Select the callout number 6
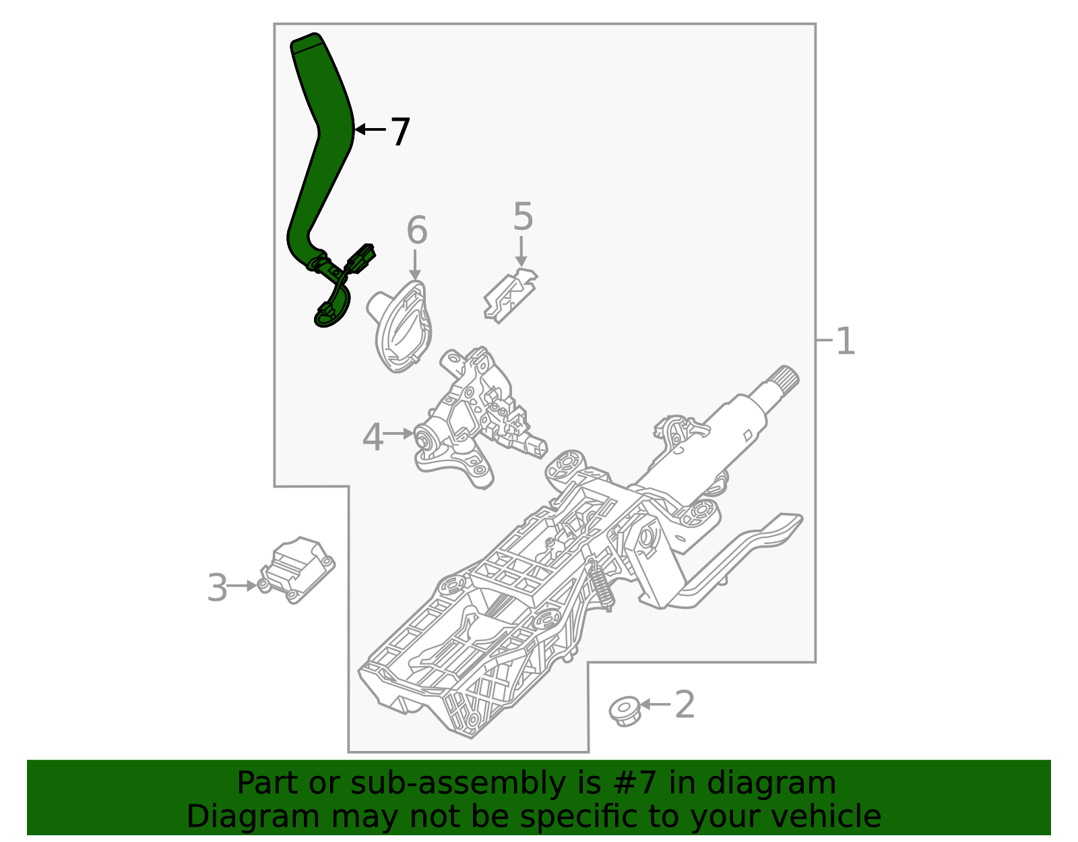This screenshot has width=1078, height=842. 416,231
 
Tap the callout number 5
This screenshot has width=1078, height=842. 523,217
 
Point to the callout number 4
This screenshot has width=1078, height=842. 373,438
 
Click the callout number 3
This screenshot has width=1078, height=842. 218,588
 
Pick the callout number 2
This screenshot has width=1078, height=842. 685,705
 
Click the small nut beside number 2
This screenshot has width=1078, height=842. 624,711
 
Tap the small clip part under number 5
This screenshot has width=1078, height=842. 510,296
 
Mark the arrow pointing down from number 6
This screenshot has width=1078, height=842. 415,265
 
